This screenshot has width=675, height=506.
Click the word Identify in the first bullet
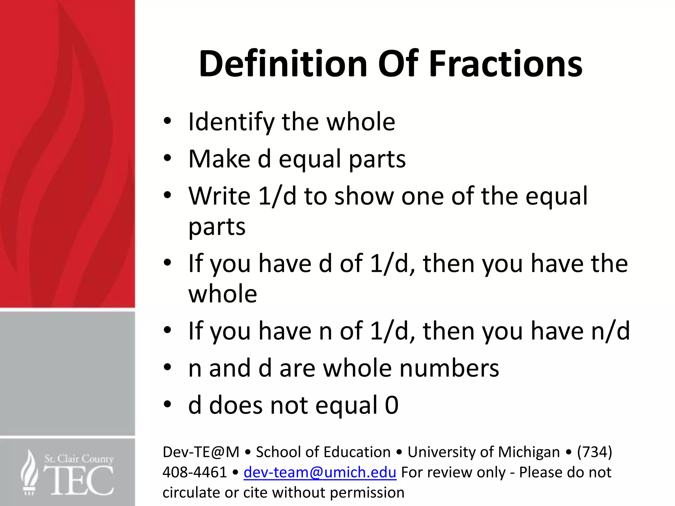(x=231, y=122)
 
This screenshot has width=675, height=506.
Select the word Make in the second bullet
(x=219, y=159)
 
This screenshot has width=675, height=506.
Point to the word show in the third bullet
(x=364, y=196)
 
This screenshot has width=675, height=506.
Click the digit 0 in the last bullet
(x=392, y=405)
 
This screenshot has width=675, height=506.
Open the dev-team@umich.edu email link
(x=320, y=472)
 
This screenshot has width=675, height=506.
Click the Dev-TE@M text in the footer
(x=201, y=452)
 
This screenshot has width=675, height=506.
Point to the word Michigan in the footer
(x=529, y=452)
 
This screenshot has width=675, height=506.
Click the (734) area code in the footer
(x=594, y=452)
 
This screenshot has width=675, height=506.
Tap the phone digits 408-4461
(x=194, y=472)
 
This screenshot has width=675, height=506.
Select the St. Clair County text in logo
(x=79, y=459)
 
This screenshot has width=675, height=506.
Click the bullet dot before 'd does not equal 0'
(x=167, y=405)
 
